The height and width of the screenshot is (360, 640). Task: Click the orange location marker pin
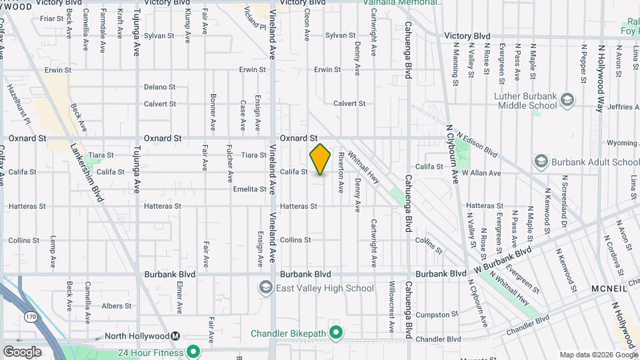[320, 159]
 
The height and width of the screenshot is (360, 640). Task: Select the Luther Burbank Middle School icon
[567, 101]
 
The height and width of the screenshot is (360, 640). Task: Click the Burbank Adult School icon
[541, 162]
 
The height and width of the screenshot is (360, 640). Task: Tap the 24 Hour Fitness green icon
[193, 351]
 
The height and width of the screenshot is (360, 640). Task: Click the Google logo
[22, 351]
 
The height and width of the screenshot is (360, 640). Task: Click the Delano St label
[159, 87]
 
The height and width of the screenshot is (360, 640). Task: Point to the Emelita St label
[250, 189]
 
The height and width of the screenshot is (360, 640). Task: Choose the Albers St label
[117, 306]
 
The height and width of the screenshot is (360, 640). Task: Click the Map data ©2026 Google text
[597, 355]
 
